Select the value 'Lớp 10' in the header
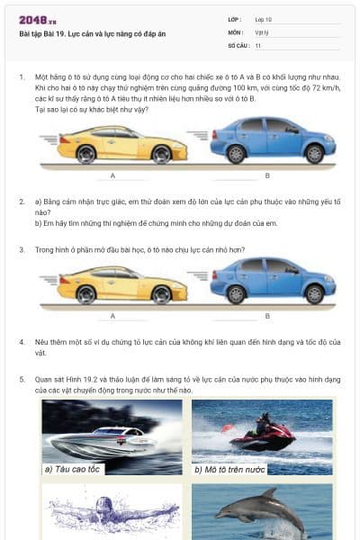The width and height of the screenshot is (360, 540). tap(264, 19)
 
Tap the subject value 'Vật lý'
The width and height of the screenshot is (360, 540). tap(262, 31)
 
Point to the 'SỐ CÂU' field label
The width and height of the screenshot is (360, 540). tap(238, 44)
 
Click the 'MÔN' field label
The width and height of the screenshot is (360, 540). tap(235, 31)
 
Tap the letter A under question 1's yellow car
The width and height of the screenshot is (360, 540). tap(112, 175)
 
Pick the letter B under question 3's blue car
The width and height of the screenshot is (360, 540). tap(267, 316)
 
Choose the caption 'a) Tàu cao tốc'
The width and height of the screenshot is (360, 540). tap(73, 469)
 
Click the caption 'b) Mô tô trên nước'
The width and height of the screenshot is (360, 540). tap(229, 469)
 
